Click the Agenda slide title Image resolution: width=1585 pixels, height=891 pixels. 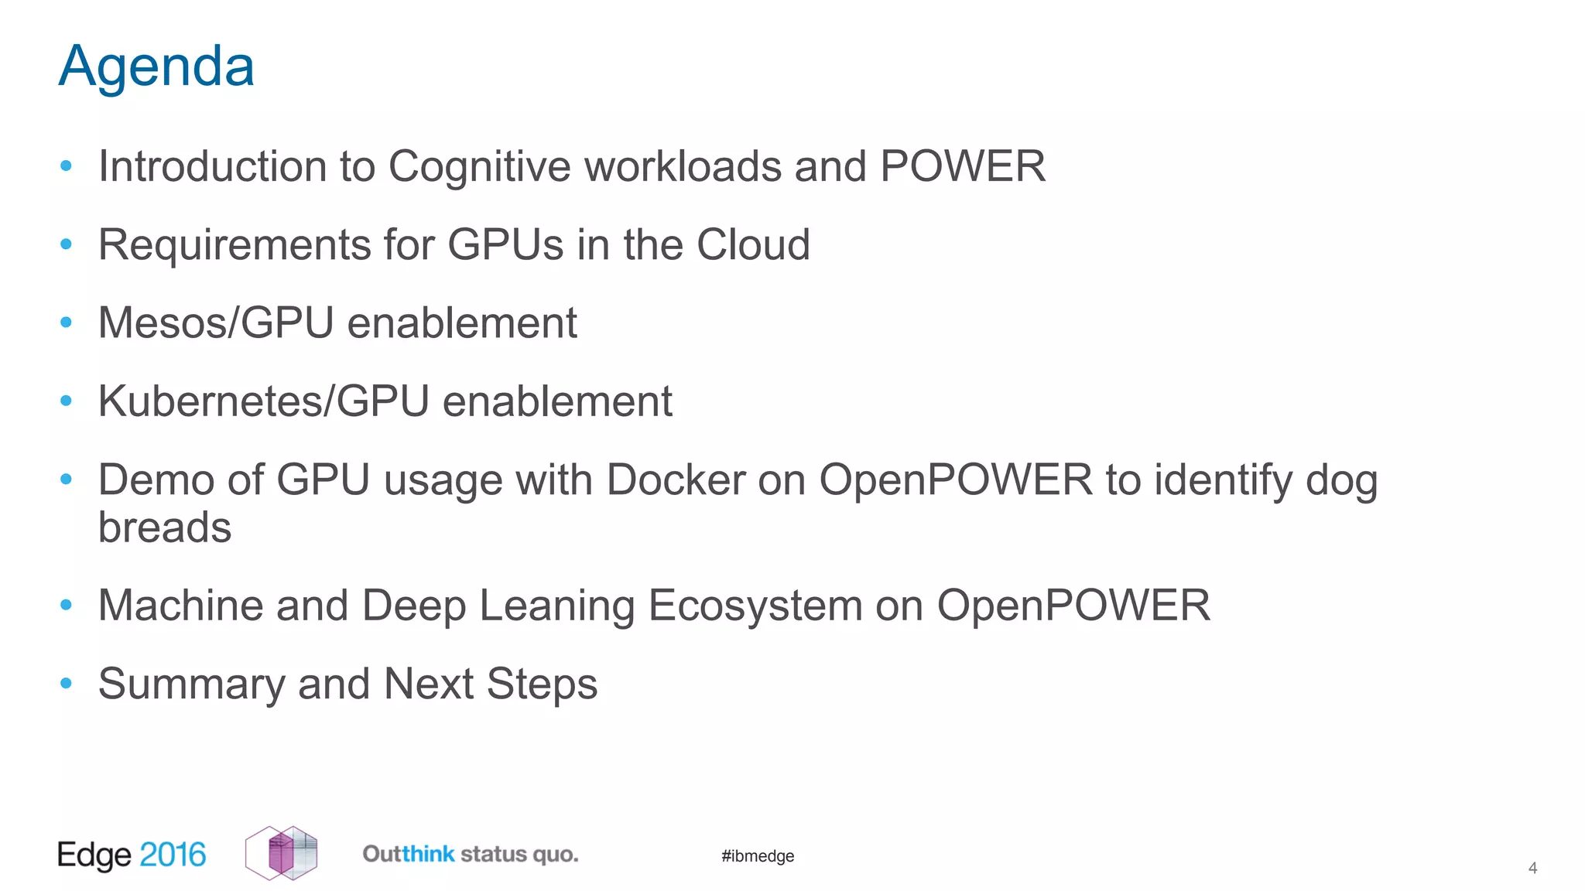[156, 67]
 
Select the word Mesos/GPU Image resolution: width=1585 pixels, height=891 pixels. [216, 323]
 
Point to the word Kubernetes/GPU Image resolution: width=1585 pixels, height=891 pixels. [263, 401]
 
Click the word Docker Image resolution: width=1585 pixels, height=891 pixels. [676, 480]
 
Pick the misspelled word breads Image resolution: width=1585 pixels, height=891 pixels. [165, 527]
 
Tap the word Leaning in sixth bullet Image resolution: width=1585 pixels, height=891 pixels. [556, 606]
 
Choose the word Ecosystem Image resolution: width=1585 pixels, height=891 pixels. [755, 606]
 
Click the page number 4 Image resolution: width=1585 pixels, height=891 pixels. [1532, 869]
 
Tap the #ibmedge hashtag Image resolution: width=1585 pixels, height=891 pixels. [758, 856]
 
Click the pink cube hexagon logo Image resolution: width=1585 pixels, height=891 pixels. [281, 853]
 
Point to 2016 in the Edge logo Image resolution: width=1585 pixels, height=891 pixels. [173, 855]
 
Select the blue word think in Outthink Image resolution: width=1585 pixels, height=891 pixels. [428, 855]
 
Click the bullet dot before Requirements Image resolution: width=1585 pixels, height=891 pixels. [67, 244]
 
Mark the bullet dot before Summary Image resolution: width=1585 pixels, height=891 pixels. [67, 684]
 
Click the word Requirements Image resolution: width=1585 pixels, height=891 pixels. [234, 244]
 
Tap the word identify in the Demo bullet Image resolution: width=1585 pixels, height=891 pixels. [1223, 480]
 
